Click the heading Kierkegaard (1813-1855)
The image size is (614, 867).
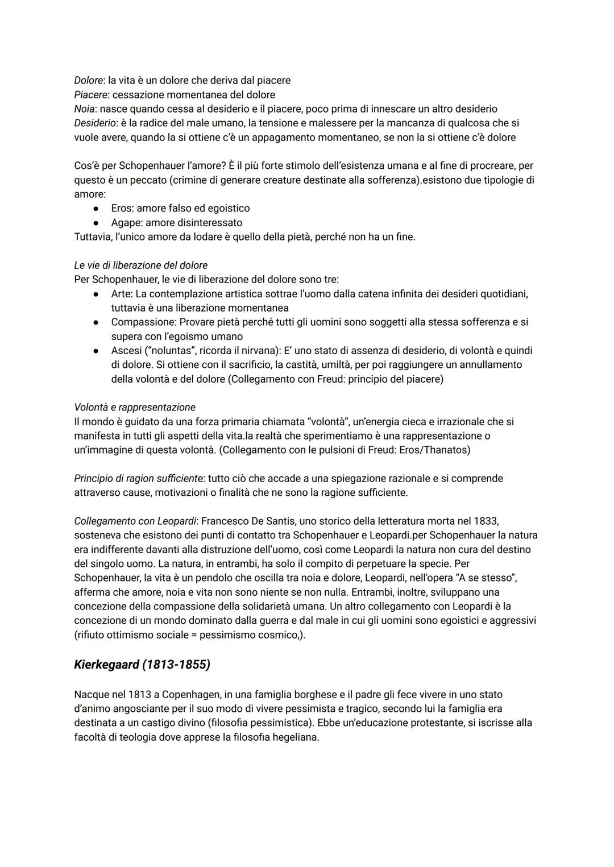[x=142, y=664]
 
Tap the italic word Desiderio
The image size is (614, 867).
[x=94, y=123]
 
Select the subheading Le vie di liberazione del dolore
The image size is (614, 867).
[x=141, y=265]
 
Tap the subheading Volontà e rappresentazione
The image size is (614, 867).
[x=135, y=407]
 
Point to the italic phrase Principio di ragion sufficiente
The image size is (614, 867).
[x=139, y=478]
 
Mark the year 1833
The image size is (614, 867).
[x=486, y=521]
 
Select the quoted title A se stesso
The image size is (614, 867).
[x=481, y=578]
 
